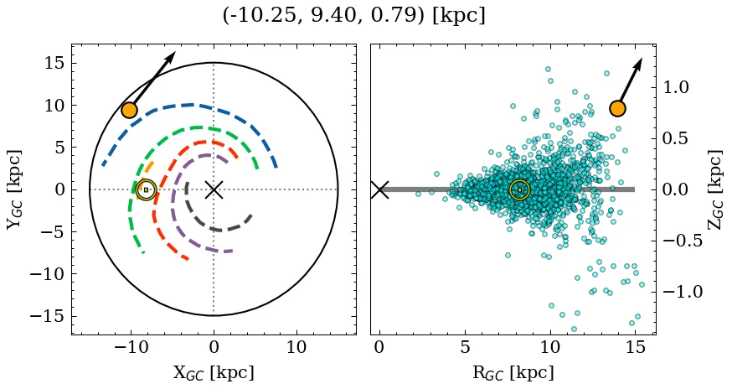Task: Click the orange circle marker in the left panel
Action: pyautogui.click(x=129, y=110)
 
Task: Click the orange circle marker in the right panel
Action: pyautogui.click(x=617, y=108)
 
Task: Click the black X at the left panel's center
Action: pyautogui.click(x=214, y=189)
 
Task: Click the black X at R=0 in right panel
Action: pyautogui.click(x=379, y=189)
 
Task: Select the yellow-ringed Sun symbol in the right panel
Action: pyautogui.click(x=519, y=189)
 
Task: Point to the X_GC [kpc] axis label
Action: pyautogui.click(x=214, y=372)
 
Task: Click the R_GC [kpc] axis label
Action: pyautogui.click(x=513, y=372)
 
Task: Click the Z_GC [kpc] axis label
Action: pyautogui.click(x=714, y=189)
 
